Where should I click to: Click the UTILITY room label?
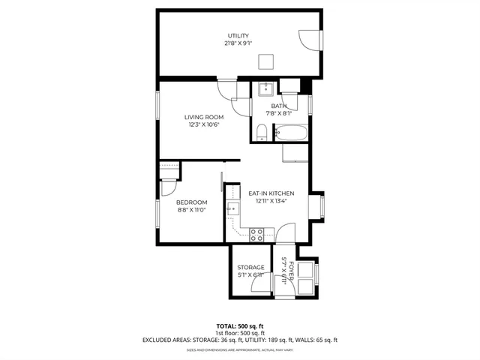click(x=238, y=36)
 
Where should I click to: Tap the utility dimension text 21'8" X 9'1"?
click(x=238, y=43)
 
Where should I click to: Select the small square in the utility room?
click(x=265, y=61)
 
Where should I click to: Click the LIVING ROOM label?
click(x=205, y=117)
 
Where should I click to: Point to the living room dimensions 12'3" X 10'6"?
click(x=205, y=125)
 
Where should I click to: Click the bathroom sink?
click(x=265, y=90)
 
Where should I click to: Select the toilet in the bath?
click(x=261, y=133)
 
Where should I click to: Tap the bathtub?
click(x=290, y=134)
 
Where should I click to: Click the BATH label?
click(x=279, y=106)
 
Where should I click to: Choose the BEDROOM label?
click(x=191, y=202)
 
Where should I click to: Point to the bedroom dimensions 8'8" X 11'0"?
click(x=191, y=211)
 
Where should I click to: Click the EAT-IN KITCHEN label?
click(x=271, y=193)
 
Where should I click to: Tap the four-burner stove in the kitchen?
click(x=256, y=233)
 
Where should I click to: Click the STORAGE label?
click(x=250, y=268)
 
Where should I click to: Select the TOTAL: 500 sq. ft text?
click(x=239, y=326)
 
